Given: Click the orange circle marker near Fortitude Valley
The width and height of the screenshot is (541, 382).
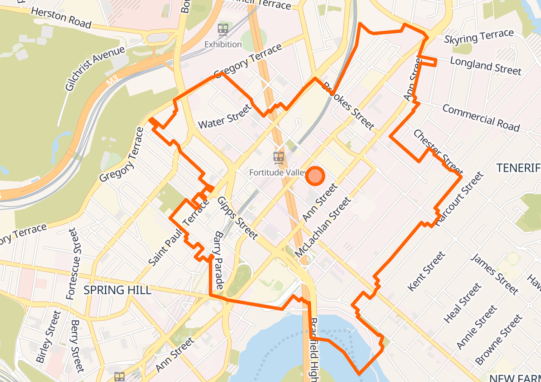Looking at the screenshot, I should click(315, 176).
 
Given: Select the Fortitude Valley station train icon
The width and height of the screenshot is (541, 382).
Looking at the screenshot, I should click(279, 158).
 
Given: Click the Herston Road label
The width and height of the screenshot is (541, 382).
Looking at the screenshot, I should click(61, 17).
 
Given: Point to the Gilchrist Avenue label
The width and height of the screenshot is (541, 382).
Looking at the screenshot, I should click(95, 68).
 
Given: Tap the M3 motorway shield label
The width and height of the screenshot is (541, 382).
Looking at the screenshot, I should click(112, 81).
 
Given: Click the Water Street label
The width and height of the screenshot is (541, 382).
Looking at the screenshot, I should click(225, 117).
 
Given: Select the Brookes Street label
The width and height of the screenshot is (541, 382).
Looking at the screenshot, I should click(349, 106).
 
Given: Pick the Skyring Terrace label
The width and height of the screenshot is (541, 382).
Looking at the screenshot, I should click(479, 37).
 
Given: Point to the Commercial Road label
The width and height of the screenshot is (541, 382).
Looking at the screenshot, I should click(481, 118).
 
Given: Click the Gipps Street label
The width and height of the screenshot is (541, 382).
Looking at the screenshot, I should click(237, 218).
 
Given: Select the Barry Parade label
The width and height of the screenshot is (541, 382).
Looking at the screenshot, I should click(219, 260).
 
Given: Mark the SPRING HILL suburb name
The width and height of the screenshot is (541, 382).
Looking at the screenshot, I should click(117, 290).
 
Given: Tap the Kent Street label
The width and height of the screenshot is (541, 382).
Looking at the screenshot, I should click(426, 271).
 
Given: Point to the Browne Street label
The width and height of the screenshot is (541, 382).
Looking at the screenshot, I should click(498, 339).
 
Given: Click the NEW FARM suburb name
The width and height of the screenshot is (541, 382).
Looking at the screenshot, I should click(515, 378).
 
